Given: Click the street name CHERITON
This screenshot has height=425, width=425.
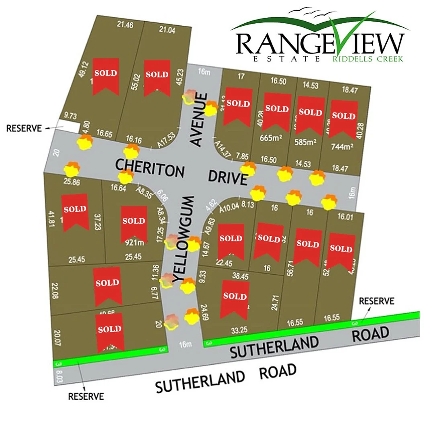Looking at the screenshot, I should [x=150, y=168].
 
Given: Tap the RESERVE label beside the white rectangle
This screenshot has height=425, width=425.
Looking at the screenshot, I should [x=24, y=129].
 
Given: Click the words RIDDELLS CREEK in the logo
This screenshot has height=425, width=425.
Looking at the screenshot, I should [x=367, y=59].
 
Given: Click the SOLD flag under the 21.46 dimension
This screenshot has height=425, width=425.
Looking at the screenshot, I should [x=106, y=75].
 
